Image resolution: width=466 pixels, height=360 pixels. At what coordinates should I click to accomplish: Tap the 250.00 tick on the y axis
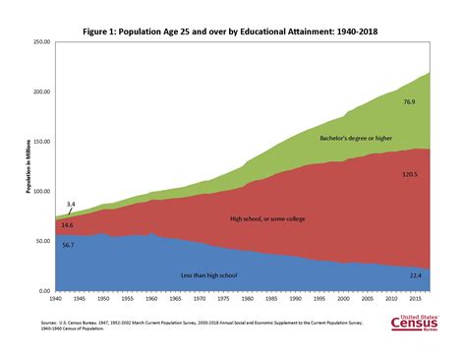(40, 42)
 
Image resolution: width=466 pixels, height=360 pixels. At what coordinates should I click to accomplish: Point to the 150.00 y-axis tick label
(40, 142)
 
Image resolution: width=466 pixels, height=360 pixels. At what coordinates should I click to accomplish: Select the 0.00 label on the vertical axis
(43, 291)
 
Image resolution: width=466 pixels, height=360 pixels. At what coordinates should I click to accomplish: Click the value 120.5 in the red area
(410, 174)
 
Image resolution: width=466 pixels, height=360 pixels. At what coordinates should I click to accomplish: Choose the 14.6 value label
(67, 224)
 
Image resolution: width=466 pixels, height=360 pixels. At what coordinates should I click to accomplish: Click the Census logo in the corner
(418, 322)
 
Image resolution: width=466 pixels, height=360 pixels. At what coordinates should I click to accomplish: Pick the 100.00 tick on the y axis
(40, 192)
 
